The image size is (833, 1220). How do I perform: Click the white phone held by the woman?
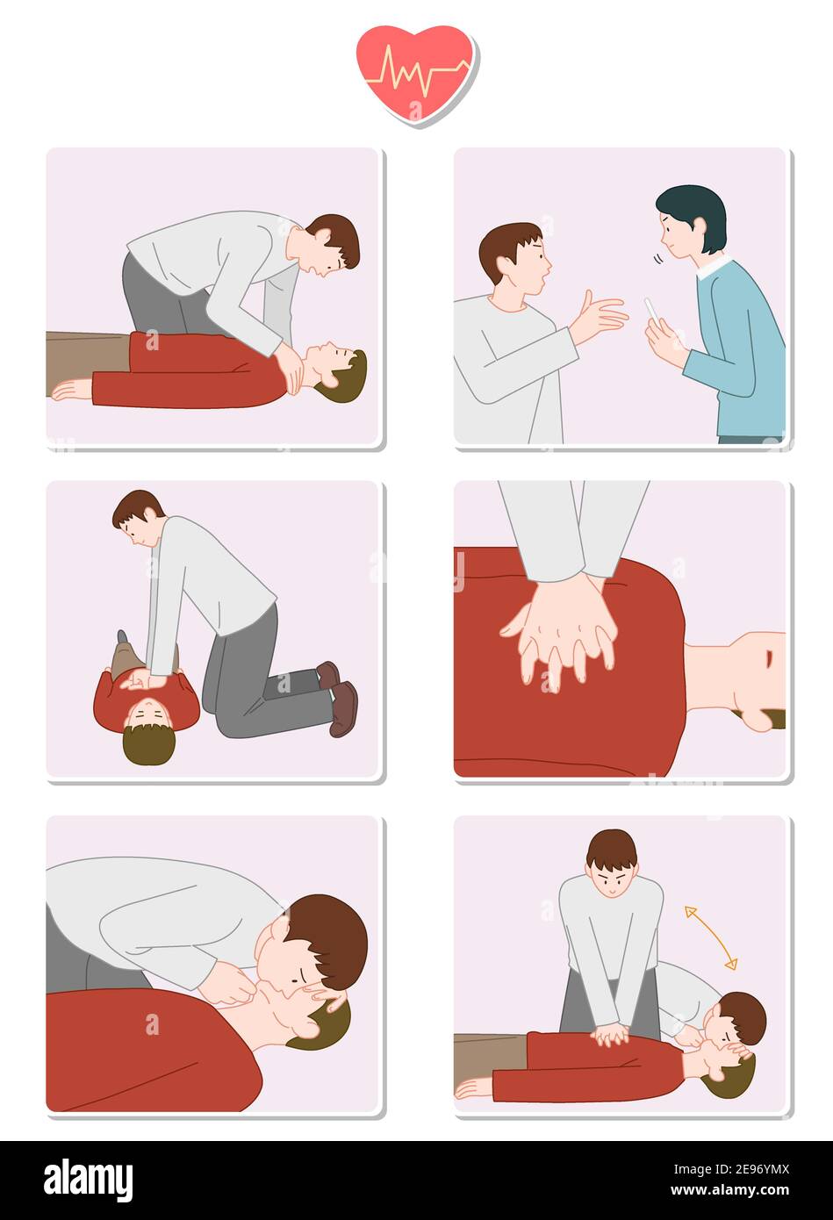click(x=652, y=311)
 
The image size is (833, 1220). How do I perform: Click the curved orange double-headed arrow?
click(x=711, y=937)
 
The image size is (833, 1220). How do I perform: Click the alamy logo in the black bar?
click(x=89, y=1181)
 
